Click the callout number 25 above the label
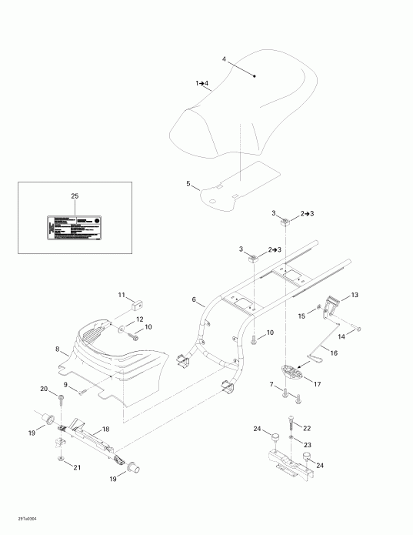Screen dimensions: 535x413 pyautogui.click(x=75, y=197)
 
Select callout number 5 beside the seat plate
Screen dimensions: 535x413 pyautogui.click(x=188, y=184)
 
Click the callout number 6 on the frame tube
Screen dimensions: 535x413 pyautogui.click(x=194, y=300)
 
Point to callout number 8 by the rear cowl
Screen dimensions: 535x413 pyautogui.click(x=57, y=349)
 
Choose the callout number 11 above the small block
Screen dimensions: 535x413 pyautogui.click(x=121, y=295)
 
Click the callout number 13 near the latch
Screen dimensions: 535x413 pyautogui.click(x=355, y=295)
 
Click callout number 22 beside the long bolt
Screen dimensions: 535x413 pyautogui.click(x=307, y=427)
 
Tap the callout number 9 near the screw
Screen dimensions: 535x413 pyautogui.click(x=65, y=385)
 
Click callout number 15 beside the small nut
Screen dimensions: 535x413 pyautogui.click(x=302, y=315)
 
